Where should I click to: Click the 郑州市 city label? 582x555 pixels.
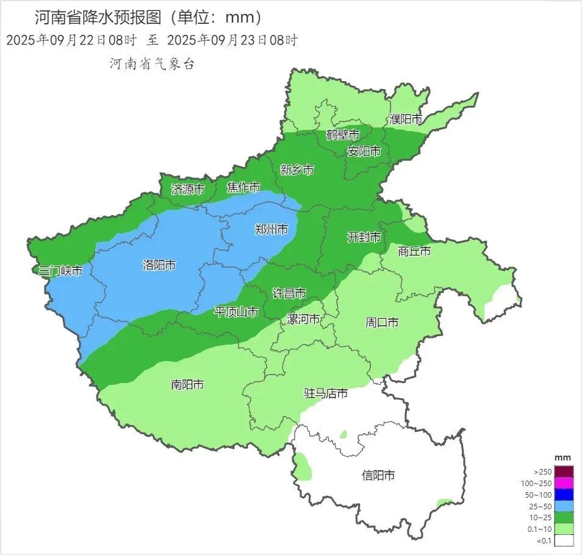271,230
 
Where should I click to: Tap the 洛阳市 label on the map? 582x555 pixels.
159,265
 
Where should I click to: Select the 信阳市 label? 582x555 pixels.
378,475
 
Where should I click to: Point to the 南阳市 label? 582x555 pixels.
187,385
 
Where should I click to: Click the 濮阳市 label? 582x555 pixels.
406,120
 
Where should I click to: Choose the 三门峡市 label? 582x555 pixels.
60,271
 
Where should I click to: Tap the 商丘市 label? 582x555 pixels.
414,251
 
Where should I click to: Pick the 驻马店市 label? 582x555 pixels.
326,393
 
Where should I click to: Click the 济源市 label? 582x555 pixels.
187,190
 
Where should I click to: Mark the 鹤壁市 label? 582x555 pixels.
342,135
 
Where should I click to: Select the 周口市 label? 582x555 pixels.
382,322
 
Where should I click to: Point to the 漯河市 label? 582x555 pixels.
303,320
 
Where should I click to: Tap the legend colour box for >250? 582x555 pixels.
564,471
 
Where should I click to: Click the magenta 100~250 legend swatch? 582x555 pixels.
564,483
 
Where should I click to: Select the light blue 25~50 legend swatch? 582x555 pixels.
564,506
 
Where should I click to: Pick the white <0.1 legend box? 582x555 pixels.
564,540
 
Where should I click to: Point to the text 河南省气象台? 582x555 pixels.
151,64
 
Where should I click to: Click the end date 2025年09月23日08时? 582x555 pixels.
232,41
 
